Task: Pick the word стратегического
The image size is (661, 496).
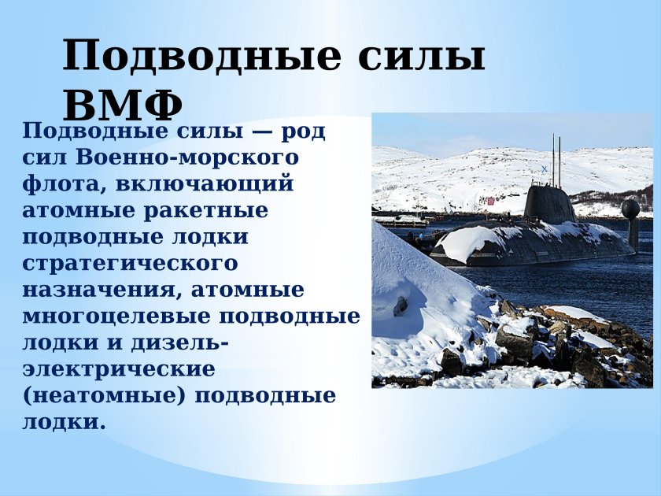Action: pyautogui.click(x=130, y=264)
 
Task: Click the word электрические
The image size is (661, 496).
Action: pyautogui.click(x=119, y=369)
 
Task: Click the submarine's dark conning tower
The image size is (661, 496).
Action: pyautogui.click(x=548, y=204)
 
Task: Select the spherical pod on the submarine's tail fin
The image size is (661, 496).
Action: pyautogui.click(x=630, y=209)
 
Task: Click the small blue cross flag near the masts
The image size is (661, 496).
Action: pyautogui.click(x=544, y=169)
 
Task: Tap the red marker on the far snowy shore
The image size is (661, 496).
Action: pyautogui.click(x=490, y=202)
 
